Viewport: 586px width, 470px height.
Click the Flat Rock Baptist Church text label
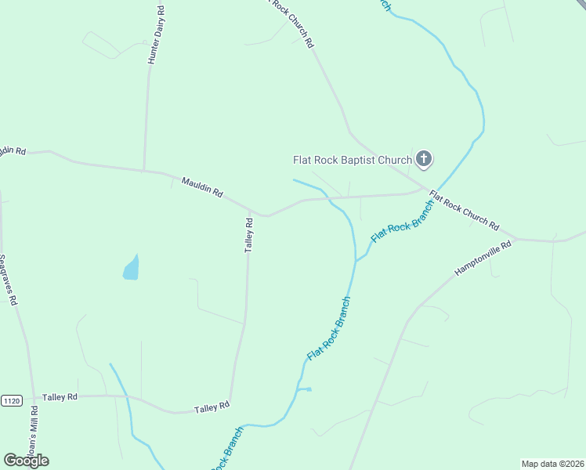coord(352,160)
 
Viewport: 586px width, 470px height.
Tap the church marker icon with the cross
coord(423,160)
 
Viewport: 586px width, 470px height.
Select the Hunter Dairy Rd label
coord(154,36)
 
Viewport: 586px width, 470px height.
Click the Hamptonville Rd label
coord(483,258)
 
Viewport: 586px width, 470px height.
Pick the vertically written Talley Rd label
coord(249,233)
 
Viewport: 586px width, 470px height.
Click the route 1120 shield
coord(11,401)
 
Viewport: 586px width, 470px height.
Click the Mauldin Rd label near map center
coord(202,186)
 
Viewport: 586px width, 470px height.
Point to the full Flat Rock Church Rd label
coord(464,211)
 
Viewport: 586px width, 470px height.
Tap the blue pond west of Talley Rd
coord(132,269)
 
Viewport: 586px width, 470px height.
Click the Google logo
coord(26,461)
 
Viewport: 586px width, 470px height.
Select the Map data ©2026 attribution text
coord(553,464)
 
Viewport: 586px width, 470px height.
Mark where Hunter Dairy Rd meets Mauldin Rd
coord(144,170)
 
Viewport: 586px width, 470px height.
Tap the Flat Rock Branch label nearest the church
coord(402,221)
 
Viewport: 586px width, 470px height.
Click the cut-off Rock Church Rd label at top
coord(291,22)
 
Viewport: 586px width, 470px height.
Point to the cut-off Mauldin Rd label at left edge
coord(13,150)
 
